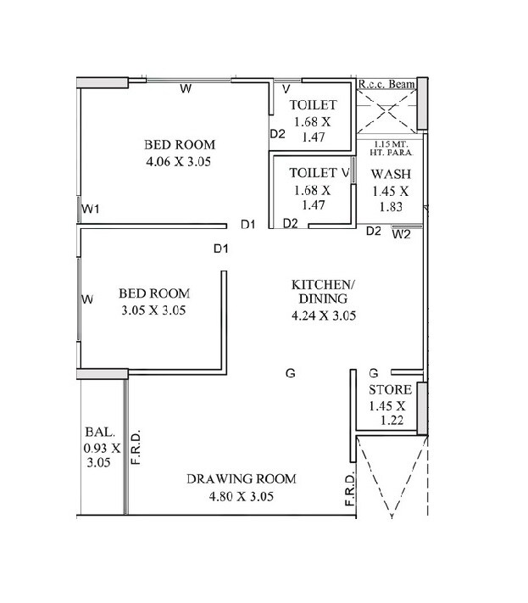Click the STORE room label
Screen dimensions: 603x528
[x=390, y=390]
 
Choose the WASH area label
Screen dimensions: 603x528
[x=390, y=174]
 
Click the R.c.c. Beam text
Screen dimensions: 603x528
[x=386, y=85]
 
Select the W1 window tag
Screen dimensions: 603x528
[x=91, y=209]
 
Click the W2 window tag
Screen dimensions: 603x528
[x=401, y=235]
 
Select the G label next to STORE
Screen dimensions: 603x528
[x=373, y=373]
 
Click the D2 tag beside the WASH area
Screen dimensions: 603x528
[x=374, y=231]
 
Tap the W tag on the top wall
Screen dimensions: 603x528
[x=184, y=88]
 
